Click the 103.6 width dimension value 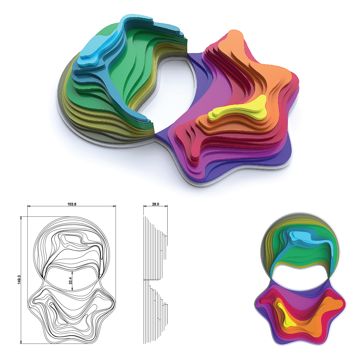tap(72, 204)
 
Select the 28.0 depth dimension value tap(155, 204)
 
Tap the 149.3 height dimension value tap(19, 279)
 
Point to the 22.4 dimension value tap(70, 280)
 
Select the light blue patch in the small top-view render tap(303, 237)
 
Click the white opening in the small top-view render tap(301, 277)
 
